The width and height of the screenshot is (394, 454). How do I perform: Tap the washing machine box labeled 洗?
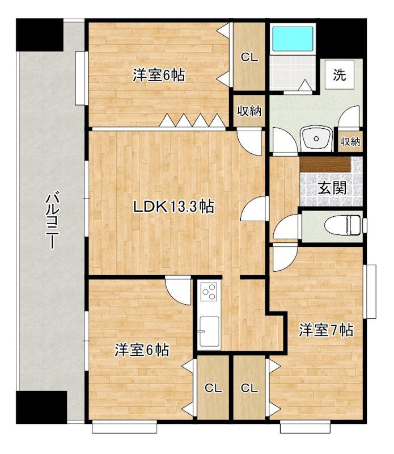pos(340,75)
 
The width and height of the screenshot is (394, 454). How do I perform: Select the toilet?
pos(343,225)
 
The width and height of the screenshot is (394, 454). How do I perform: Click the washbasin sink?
pos(316,138)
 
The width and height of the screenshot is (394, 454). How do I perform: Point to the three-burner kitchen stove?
pos(209,292)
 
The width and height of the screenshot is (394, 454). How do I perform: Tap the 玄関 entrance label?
pos(332,188)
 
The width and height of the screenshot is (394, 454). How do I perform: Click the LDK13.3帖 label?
pos(173,207)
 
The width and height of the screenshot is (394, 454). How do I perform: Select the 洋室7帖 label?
pos(326,330)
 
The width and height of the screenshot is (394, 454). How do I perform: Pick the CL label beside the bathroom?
pos(249,57)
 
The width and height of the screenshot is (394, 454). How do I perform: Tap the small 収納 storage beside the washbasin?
pos(350,141)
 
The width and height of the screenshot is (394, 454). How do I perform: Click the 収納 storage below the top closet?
pos(249,111)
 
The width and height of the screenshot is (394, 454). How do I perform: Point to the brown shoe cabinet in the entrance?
pos(325,165)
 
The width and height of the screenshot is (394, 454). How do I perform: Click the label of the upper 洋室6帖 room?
pos(159,75)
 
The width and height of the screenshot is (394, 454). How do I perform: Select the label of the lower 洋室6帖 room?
pos(142,350)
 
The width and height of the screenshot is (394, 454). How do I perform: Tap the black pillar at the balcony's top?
pos(40,35)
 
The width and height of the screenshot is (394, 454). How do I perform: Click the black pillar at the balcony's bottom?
pos(41,407)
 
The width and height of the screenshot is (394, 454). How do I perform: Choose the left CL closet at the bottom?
pos(213,388)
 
